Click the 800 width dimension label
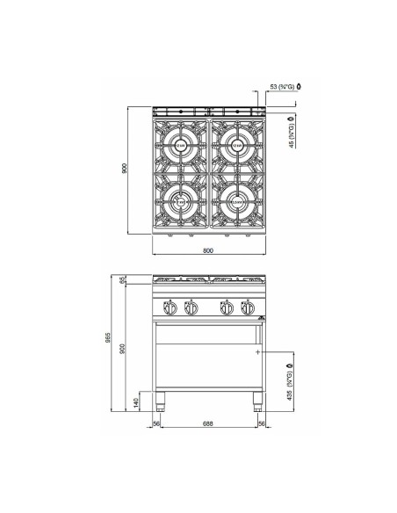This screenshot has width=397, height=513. pyautogui.click(x=208, y=249)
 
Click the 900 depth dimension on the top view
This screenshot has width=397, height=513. pyautogui.click(x=126, y=169)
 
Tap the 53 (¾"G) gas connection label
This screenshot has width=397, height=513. pyautogui.click(x=283, y=87)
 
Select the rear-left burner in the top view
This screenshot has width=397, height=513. pyautogui.click(x=180, y=145)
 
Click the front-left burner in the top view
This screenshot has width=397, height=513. pyautogui.click(x=180, y=200)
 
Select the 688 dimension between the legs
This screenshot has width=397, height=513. pyautogui.click(x=208, y=423)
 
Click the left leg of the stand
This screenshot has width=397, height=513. pyautogui.click(x=162, y=404)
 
